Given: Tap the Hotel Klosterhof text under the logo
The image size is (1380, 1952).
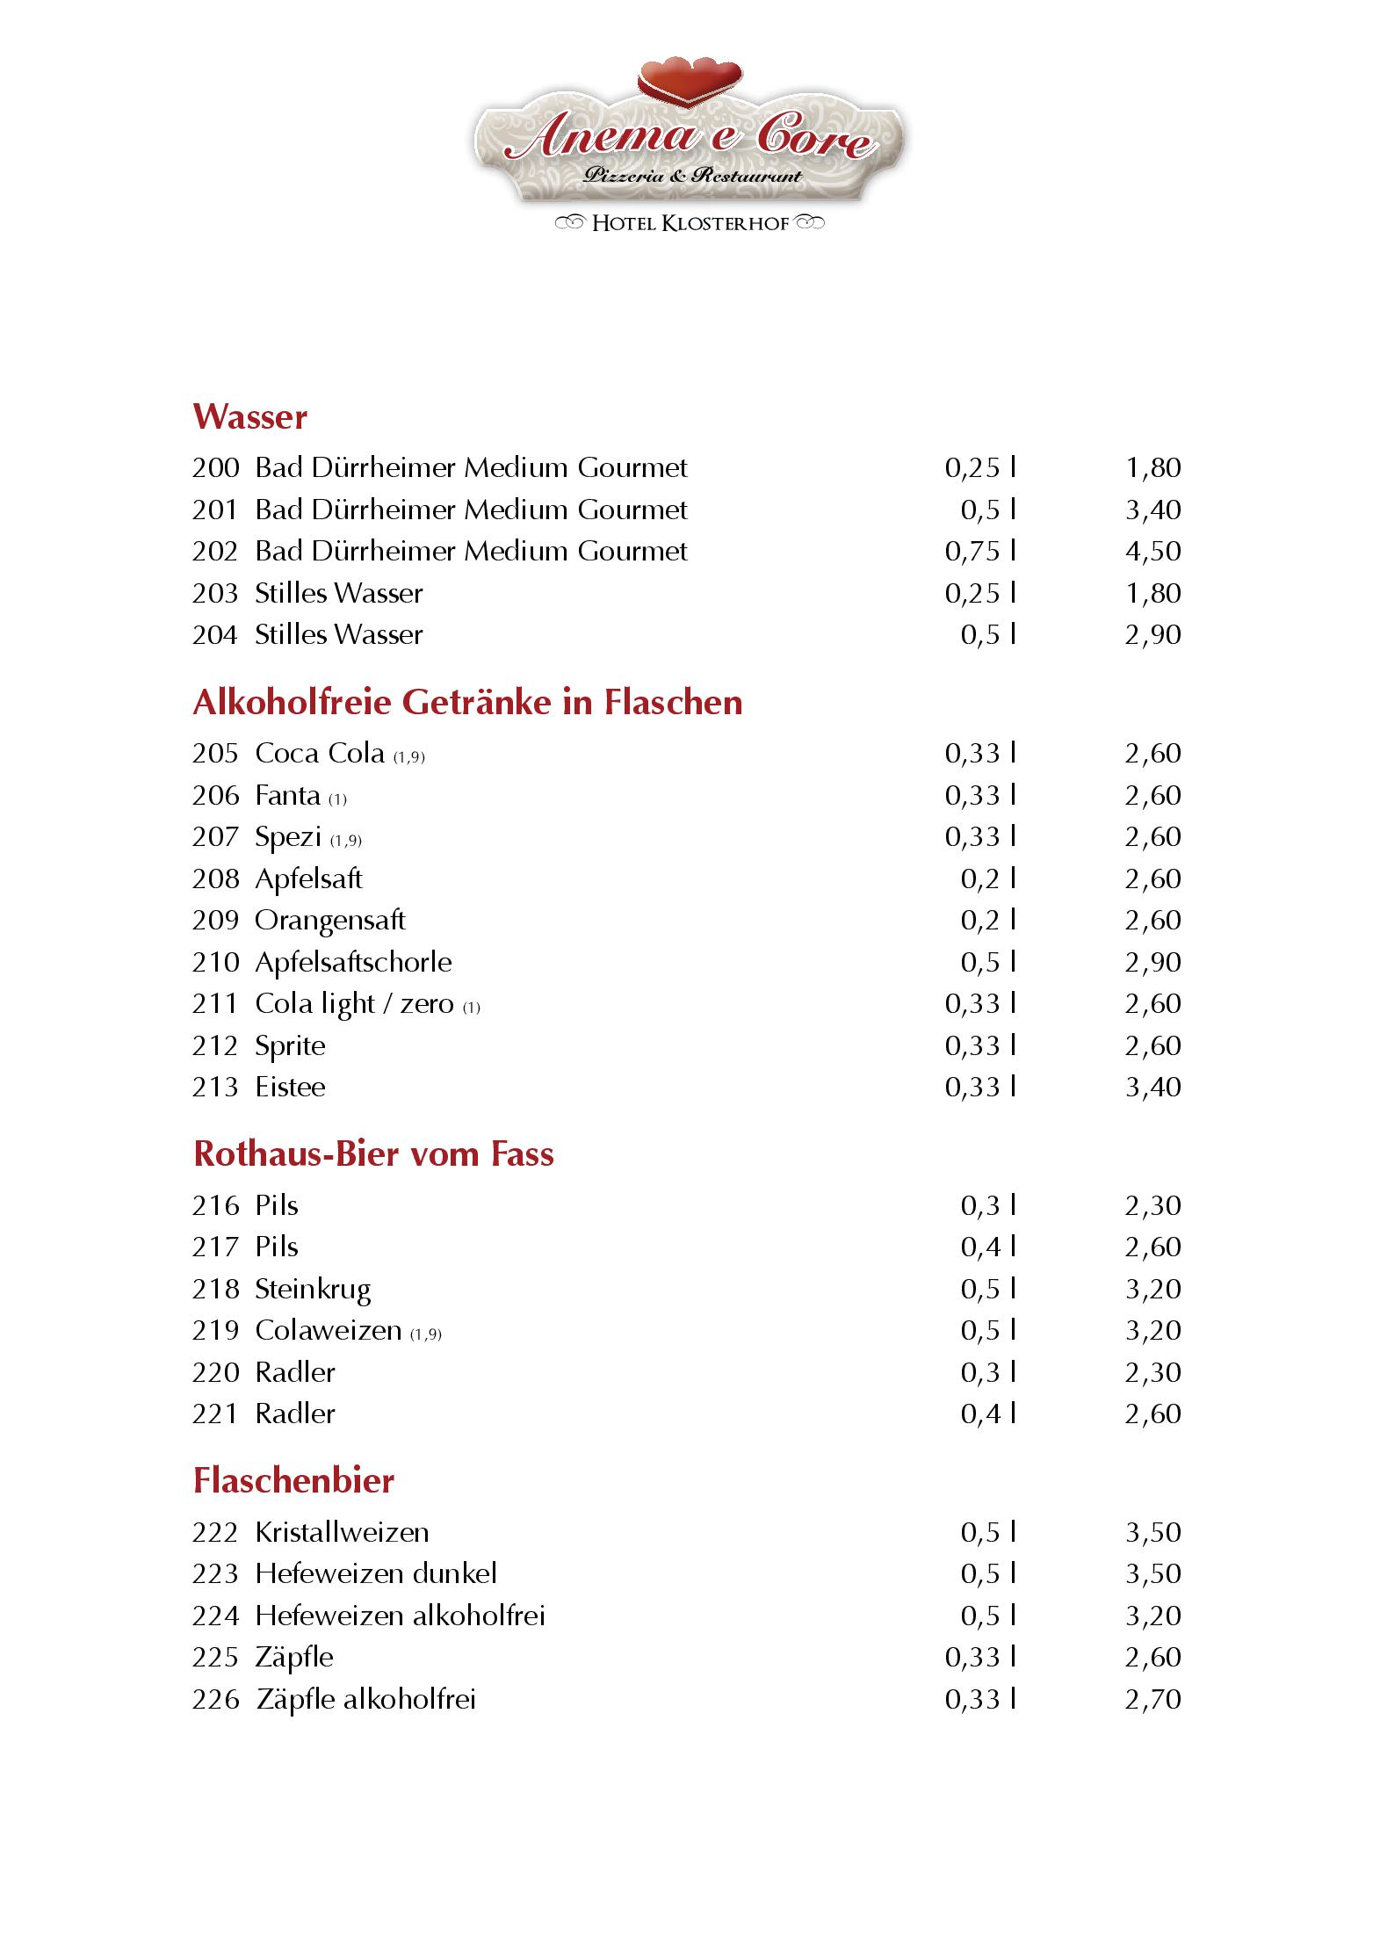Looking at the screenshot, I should point(690,223).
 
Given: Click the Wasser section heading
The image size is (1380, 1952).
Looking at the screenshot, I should point(250,416).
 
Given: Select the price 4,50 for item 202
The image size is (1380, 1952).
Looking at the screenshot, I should point(1152,552).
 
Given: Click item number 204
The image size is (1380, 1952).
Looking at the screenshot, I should point(215,635).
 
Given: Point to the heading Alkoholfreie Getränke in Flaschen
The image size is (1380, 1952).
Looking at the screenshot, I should point(467,703).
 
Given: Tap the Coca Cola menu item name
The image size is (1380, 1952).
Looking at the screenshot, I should point(320,754).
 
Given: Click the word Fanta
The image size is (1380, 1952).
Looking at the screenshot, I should point(287,796).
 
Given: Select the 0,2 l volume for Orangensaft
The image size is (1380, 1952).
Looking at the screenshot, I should point(987,921).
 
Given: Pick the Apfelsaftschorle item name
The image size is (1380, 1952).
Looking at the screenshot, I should point(353,963).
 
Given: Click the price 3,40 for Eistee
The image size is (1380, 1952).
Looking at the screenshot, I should point(1152,1088).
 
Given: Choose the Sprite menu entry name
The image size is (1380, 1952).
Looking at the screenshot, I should point(290,1046).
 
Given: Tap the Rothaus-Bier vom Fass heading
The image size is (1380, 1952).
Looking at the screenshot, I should point(373,1154).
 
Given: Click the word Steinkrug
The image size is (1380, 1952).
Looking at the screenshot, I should point(313,1290).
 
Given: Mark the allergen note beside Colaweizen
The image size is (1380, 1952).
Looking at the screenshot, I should point(426,1334).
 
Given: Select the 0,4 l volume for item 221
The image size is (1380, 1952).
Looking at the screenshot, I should point(987,1414).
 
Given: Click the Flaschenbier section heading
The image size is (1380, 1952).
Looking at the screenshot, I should point(293,1481).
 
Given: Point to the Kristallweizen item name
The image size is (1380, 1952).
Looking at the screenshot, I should point(342,1533).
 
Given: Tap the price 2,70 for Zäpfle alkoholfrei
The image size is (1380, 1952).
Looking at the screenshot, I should point(1152,1700).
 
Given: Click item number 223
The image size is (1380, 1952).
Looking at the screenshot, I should point(215,1574).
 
